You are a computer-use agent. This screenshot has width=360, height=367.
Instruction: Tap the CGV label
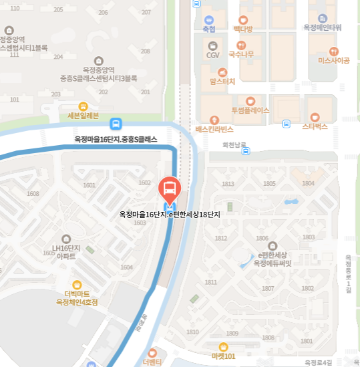[213, 55]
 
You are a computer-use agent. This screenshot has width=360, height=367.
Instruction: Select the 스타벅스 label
[315, 125]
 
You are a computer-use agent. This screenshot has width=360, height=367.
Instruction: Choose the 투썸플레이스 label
[250, 110]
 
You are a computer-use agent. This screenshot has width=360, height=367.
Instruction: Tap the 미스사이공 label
[334, 60]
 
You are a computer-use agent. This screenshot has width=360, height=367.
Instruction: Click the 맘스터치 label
[222, 82]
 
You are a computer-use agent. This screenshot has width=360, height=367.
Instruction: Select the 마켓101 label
[223, 356]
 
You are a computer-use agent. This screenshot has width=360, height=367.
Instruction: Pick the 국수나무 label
[241, 54]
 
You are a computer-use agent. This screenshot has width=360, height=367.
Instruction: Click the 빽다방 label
[242, 29]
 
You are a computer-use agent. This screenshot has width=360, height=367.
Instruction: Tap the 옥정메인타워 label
[323, 27]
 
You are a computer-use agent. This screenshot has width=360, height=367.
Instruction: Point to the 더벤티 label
[153, 362]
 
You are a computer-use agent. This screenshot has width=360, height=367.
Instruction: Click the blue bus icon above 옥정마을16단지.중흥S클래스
[116, 124]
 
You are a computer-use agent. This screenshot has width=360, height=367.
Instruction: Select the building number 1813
[228, 184]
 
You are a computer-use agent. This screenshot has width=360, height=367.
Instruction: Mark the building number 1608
[33, 194]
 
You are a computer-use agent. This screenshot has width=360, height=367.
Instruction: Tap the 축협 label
[208, 29]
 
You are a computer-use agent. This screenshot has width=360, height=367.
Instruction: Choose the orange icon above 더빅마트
[77, 284]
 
